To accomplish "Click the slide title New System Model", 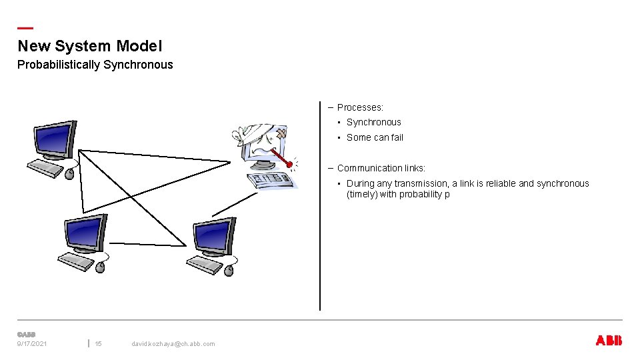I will pos(89,46).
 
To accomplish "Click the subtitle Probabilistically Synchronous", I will pos(95,65).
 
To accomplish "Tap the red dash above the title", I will pos(25,28).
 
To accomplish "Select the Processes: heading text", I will pos(360,107).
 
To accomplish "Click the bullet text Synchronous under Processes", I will pos(373,122).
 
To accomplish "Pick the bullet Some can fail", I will pos(375,137).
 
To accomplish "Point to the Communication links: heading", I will pos(381,168).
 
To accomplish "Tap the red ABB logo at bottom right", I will pos(608,341).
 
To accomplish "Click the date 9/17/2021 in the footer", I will pos(32,344).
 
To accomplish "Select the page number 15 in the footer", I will pos(98,344).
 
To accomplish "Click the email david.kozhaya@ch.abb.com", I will pos(173,344).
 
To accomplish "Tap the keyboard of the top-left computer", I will pos(45,167).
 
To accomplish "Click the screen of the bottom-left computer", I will pos(85,233).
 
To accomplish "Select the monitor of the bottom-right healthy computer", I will pos(214,235).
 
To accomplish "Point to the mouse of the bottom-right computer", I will pos(229,270).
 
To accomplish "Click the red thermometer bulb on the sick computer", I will pos(289,164).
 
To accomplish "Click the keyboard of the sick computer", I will pos(270,180).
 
